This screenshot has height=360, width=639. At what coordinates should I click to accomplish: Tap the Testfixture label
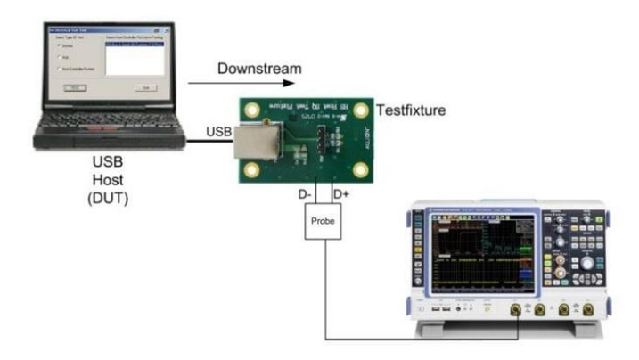412,110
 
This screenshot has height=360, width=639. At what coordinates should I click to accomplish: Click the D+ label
340,192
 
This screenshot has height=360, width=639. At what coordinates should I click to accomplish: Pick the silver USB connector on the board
254,147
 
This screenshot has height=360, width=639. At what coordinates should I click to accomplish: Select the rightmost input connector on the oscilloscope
587,310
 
